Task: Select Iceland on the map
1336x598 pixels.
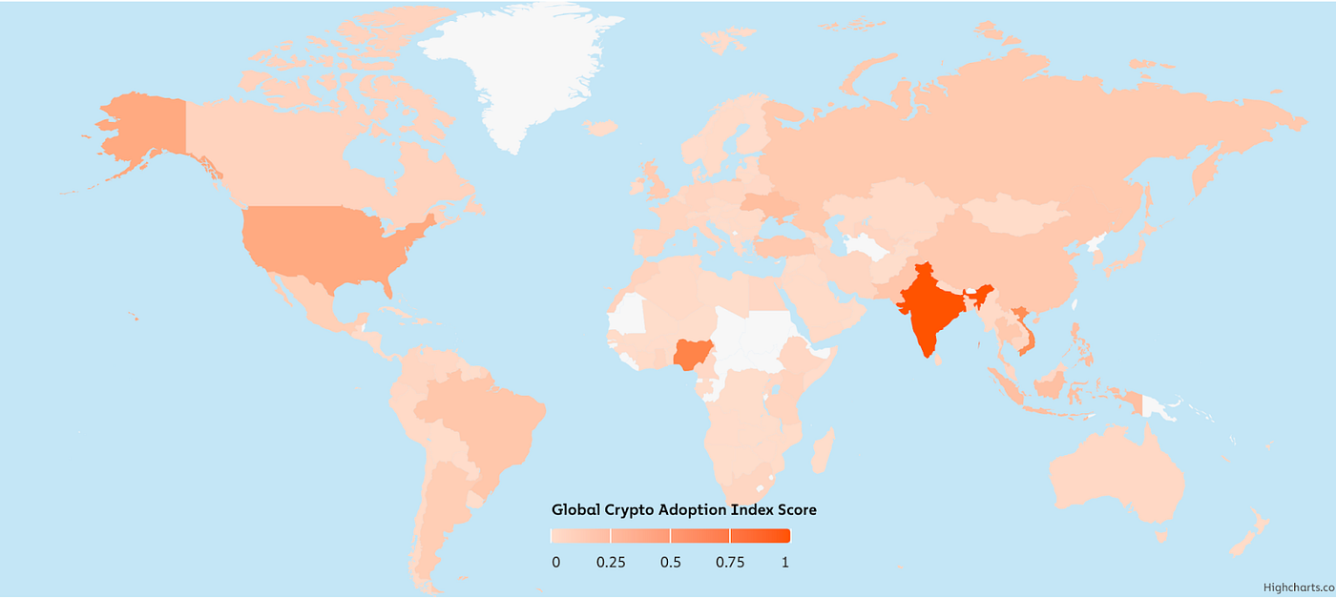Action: [x=599, y=127]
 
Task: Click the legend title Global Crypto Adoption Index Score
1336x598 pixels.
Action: [x=684, y=509]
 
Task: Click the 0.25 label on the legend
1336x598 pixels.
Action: [x=611, y=563]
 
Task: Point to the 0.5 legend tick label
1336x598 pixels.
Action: [x=671, y=563]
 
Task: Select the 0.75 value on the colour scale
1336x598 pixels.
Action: [x=730, y=563]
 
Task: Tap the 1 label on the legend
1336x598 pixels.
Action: [x=785, y=563]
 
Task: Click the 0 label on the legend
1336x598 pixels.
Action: [x=556, y=563]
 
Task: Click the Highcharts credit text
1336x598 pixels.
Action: [x=1298, y=588]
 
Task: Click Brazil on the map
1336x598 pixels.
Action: [x=477, y=420]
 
